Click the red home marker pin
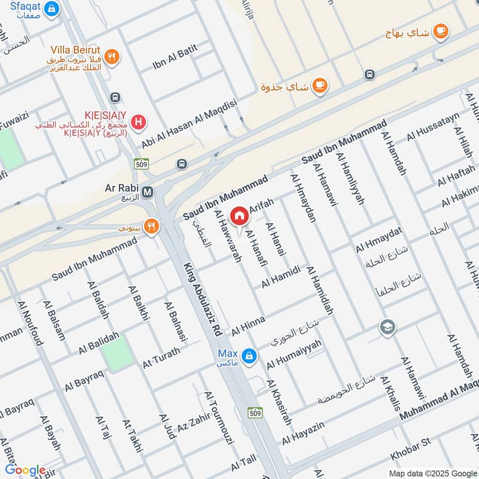(239, 216)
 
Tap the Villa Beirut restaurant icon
(111, 57)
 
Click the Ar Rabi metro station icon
(148, 192)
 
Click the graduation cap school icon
(387, 327)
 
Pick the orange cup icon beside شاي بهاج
(440, 31)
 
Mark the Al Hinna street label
(248, 327)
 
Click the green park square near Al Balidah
(117, 354)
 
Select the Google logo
(25, 470)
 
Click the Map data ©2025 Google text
(432, 472)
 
